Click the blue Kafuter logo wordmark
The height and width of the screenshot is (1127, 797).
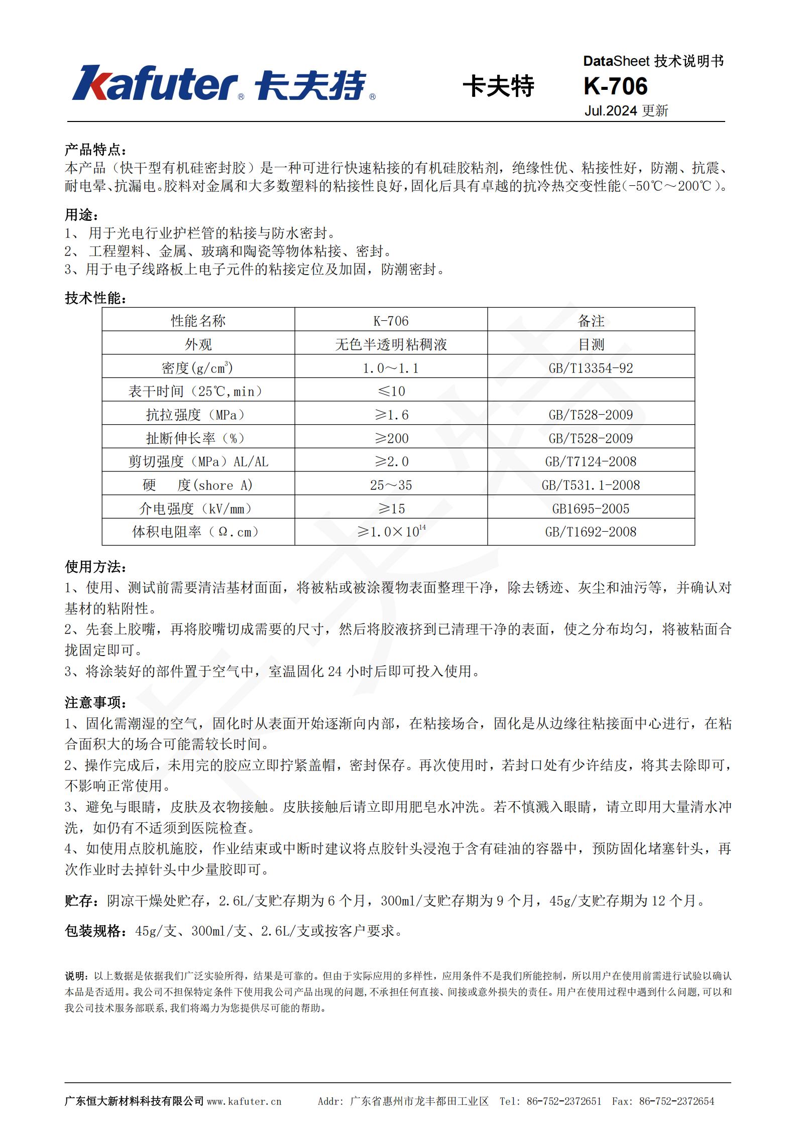[156, 83]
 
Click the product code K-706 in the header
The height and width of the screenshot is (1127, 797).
[615, 86]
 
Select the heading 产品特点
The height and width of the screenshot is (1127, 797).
[95, 150]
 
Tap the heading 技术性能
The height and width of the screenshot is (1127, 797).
[95, 298]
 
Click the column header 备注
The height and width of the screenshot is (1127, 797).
[591, 321]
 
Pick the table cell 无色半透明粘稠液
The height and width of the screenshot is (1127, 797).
[391, 344]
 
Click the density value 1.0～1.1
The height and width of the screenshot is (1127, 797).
[391, 368]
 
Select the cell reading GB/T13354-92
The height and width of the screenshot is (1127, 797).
[591, 368]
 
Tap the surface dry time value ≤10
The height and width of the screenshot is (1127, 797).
[391, 391]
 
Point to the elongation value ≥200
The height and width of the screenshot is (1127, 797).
[391, 438]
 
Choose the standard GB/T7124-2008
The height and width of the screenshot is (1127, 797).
[591, 461]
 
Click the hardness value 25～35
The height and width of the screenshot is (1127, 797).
[391, 485]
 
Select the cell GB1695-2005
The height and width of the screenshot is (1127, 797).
[591, 509]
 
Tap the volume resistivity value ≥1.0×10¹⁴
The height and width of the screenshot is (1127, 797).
[391, 531]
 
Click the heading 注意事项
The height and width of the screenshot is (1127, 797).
[95, 702]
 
